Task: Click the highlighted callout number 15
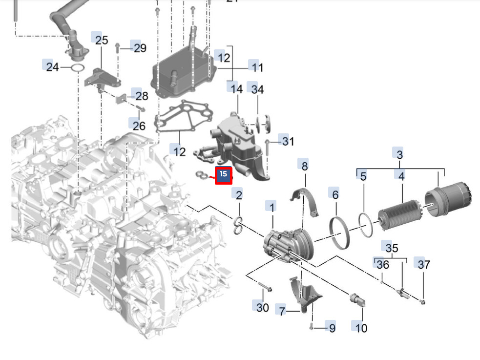click(x=224, y=174)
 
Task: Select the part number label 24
click(x=52, y=67)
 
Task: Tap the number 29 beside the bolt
click(x=140, y=48)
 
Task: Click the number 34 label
click(x=257, y=89)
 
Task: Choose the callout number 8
click(x=305, y=166)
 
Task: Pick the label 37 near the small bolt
click(x=424, y=264)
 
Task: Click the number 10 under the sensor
click(x=361, y=327)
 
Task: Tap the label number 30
click(x=263, y=307)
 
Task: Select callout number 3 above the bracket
click(x=399, y=154)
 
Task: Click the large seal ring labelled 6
click(x=340, y=228)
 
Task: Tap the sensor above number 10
click(x=357, y=300)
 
